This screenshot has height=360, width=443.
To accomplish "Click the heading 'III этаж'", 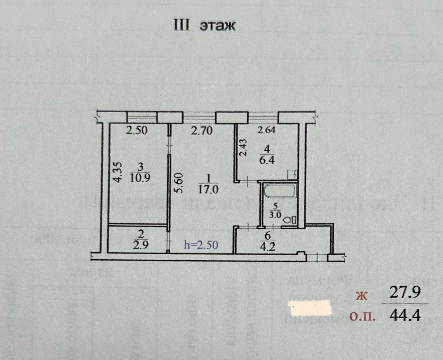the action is (x=204, y=25).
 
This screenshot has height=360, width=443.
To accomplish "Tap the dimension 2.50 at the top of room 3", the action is (x=137, y=131).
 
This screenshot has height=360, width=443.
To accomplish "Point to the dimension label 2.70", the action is (x=202, y=131).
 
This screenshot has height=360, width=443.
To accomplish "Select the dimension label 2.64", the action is (x=267, y=130).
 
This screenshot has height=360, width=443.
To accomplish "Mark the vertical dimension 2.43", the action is (x=244, y=148).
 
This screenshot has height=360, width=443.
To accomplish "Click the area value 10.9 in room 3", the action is (x=140, y=178).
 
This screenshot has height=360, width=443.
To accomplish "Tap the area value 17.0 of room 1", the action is (x=208, y=189).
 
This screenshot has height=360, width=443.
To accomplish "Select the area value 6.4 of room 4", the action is (x=267, y=161).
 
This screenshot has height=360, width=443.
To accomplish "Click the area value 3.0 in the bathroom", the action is (x=275, y=215).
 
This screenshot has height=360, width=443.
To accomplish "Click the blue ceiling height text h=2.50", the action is (x=201, y=245).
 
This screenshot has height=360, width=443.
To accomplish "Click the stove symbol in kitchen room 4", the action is (x=292, y=174).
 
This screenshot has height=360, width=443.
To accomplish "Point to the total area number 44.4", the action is (x=405, y=316).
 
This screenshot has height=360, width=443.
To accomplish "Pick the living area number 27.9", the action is (x=405, y=293).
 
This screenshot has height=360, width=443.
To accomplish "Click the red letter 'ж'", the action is (x=361, y=296).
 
